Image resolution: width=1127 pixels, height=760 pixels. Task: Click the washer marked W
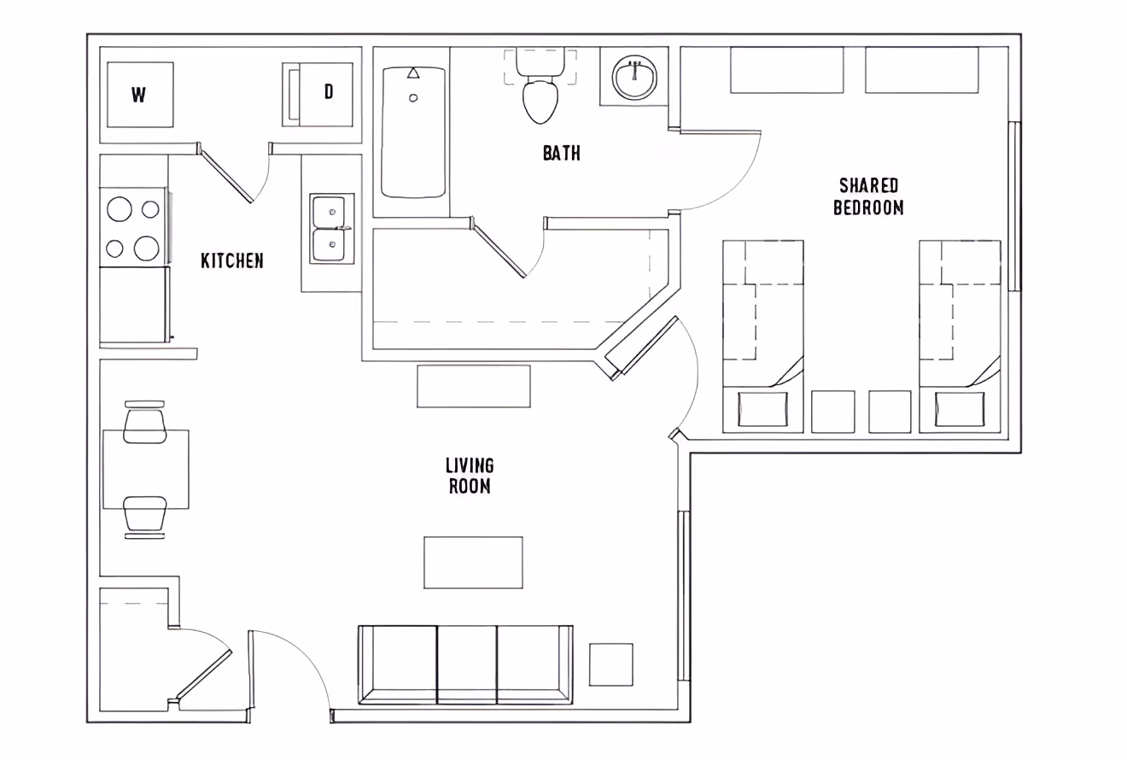(x=139, y=95)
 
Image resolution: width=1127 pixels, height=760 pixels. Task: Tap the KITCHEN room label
(x=231, y=260)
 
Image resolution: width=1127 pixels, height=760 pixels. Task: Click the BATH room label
(x=561, y=153)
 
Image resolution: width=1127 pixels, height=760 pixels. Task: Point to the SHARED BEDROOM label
(x=868, y=196)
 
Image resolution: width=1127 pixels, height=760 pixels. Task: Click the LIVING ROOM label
(x=470, y=476)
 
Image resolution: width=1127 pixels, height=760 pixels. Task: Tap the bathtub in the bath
(x=413, y=132)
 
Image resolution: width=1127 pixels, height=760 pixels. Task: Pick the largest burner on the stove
(x=147, y=248)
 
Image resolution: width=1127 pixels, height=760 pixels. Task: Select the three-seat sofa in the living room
(x=465, y=664)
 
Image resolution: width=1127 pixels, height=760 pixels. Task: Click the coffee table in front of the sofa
(x=473, y=562)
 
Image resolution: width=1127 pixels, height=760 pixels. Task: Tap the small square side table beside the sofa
(x=610, y=664)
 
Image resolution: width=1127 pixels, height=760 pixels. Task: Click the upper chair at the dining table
(x=144, y=424)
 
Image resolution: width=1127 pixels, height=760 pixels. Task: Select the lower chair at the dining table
(x=144, y=514)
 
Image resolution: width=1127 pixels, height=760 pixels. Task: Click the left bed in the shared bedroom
(x=762, y=335)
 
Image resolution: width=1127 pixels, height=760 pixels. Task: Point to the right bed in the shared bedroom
(x=959, y=335)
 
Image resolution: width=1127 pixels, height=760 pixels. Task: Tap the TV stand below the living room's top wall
(x=473, y=386)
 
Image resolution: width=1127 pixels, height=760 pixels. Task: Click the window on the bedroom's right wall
(x=1013, y=206)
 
